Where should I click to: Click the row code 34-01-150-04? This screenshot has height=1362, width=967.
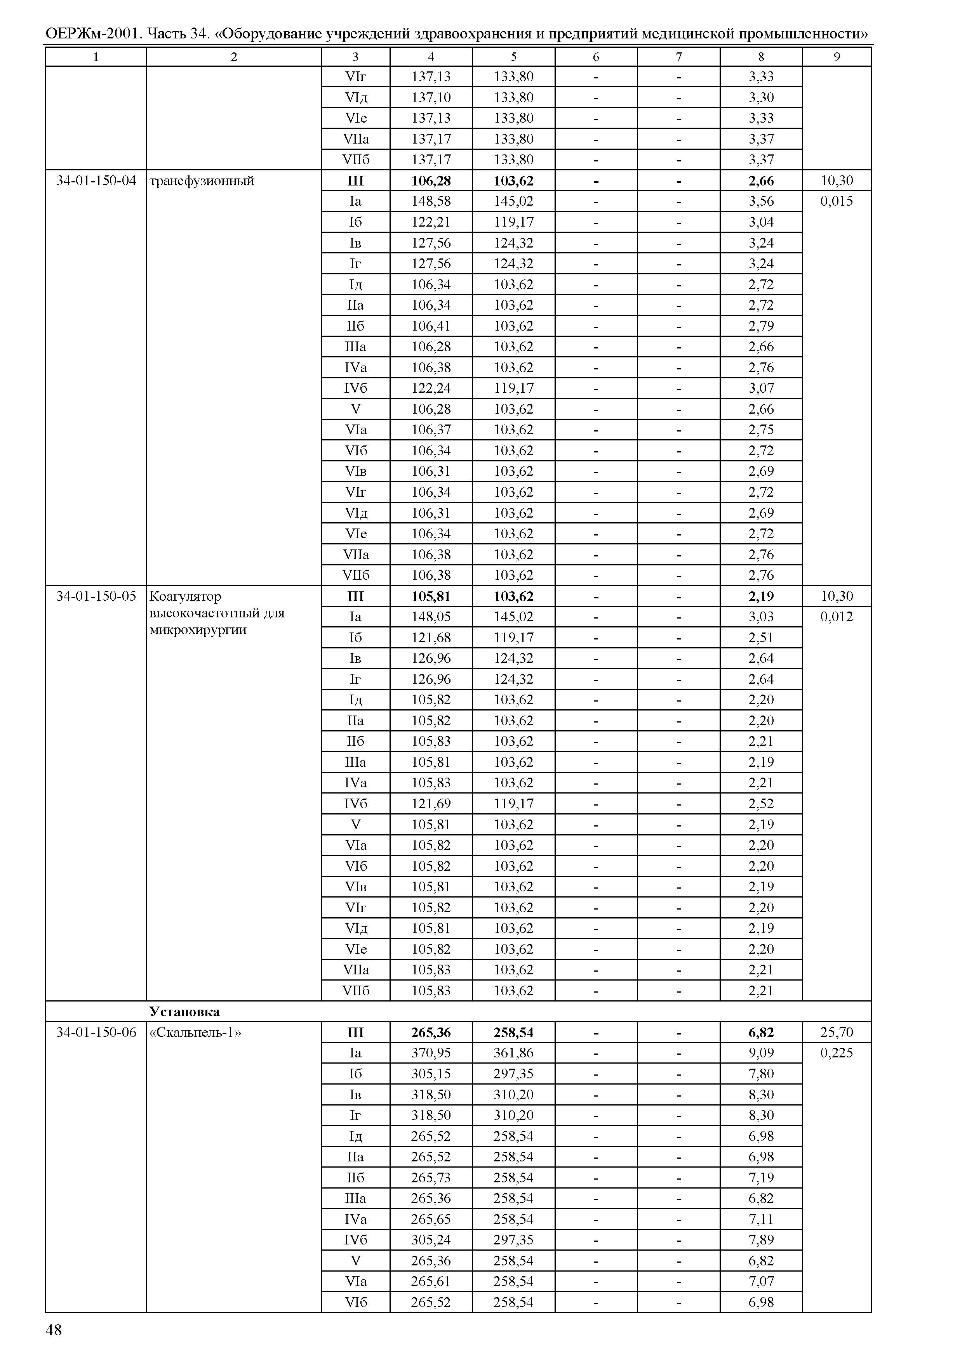click(96, 181)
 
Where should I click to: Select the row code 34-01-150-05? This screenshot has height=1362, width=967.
click(96, 596)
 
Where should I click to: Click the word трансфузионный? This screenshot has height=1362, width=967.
click(202, 181)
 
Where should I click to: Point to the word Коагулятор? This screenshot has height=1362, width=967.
click(185, 596)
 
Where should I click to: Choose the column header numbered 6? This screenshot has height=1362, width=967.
click(596, 57)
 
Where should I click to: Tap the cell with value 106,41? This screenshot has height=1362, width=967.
click(431, 326)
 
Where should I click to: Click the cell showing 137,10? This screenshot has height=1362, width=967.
click(431, 97)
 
